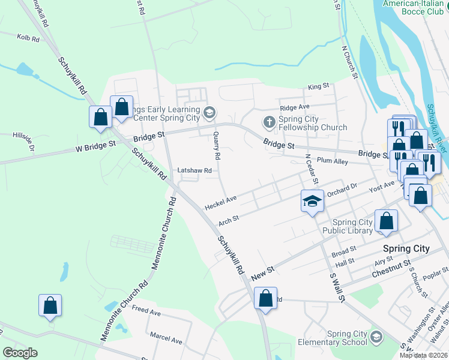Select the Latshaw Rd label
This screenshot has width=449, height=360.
(194, 170)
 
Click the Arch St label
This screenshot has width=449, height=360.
(229, 220)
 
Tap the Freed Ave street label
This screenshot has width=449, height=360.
(146, 312)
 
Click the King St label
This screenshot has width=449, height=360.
(318, 86)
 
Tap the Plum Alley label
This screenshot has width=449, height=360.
(332, 161)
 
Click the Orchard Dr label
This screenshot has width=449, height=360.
(342, 190)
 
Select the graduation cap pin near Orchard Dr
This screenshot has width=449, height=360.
(312, 202)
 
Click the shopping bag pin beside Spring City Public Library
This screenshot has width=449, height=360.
(387, 221)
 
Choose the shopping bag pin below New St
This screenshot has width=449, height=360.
(265, 298)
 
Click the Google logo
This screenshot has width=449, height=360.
(20, 353)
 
